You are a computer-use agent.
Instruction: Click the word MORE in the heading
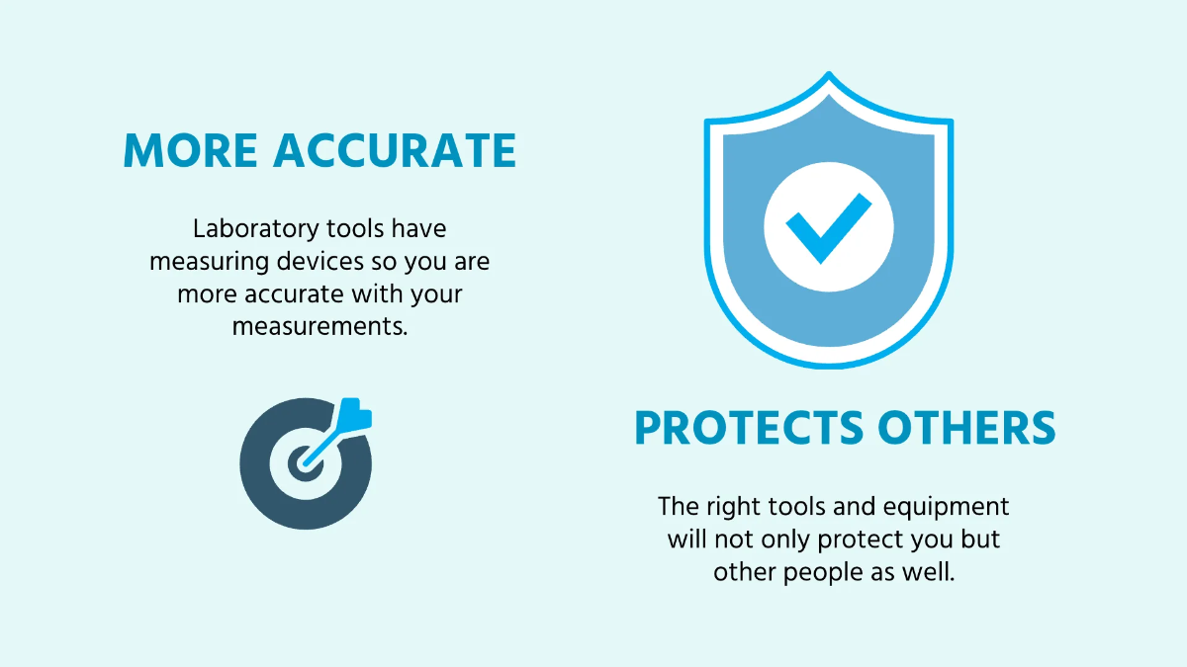190,151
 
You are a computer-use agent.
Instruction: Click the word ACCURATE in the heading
395,151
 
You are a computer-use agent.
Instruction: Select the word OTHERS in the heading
966,428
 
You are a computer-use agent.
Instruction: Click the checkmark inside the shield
827,227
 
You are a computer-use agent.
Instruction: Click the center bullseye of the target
305,463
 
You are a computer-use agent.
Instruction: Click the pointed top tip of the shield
829,72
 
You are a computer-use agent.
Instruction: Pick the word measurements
320,327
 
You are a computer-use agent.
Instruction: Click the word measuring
210,263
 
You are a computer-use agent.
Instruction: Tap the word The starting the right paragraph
680,506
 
